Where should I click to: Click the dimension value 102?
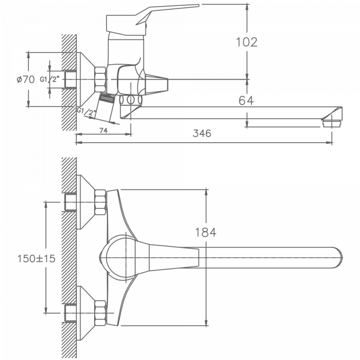tap(247, 42)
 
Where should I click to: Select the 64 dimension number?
tap(246, 100)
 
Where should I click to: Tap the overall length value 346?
tap(202, 134)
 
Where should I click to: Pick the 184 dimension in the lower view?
tap(205, 232)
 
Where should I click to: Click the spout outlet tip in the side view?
tap(332, 118)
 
